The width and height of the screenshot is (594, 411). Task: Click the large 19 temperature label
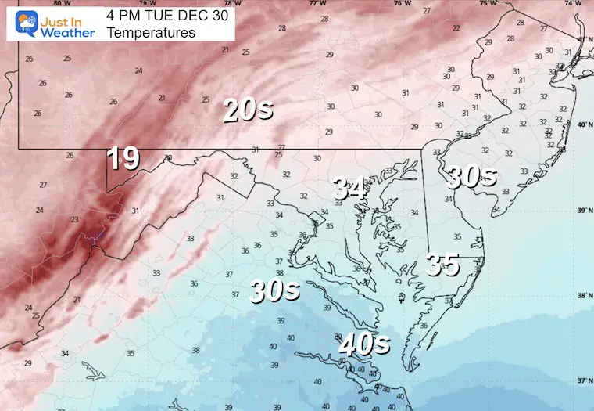click(x=123, y=158)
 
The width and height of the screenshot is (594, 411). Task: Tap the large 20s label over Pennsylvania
click(x=248, y=110)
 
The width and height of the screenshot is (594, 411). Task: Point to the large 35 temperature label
click(x=442, y=265)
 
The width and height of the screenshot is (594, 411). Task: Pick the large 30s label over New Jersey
click(x=471, y=177)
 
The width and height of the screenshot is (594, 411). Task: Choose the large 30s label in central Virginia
click(x=274, y=290)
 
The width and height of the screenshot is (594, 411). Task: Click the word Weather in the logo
click(x=69, y=32)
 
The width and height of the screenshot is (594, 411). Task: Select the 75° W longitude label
click(x=488, y=4)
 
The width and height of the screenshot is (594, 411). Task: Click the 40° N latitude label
click(x=582, y=124)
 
